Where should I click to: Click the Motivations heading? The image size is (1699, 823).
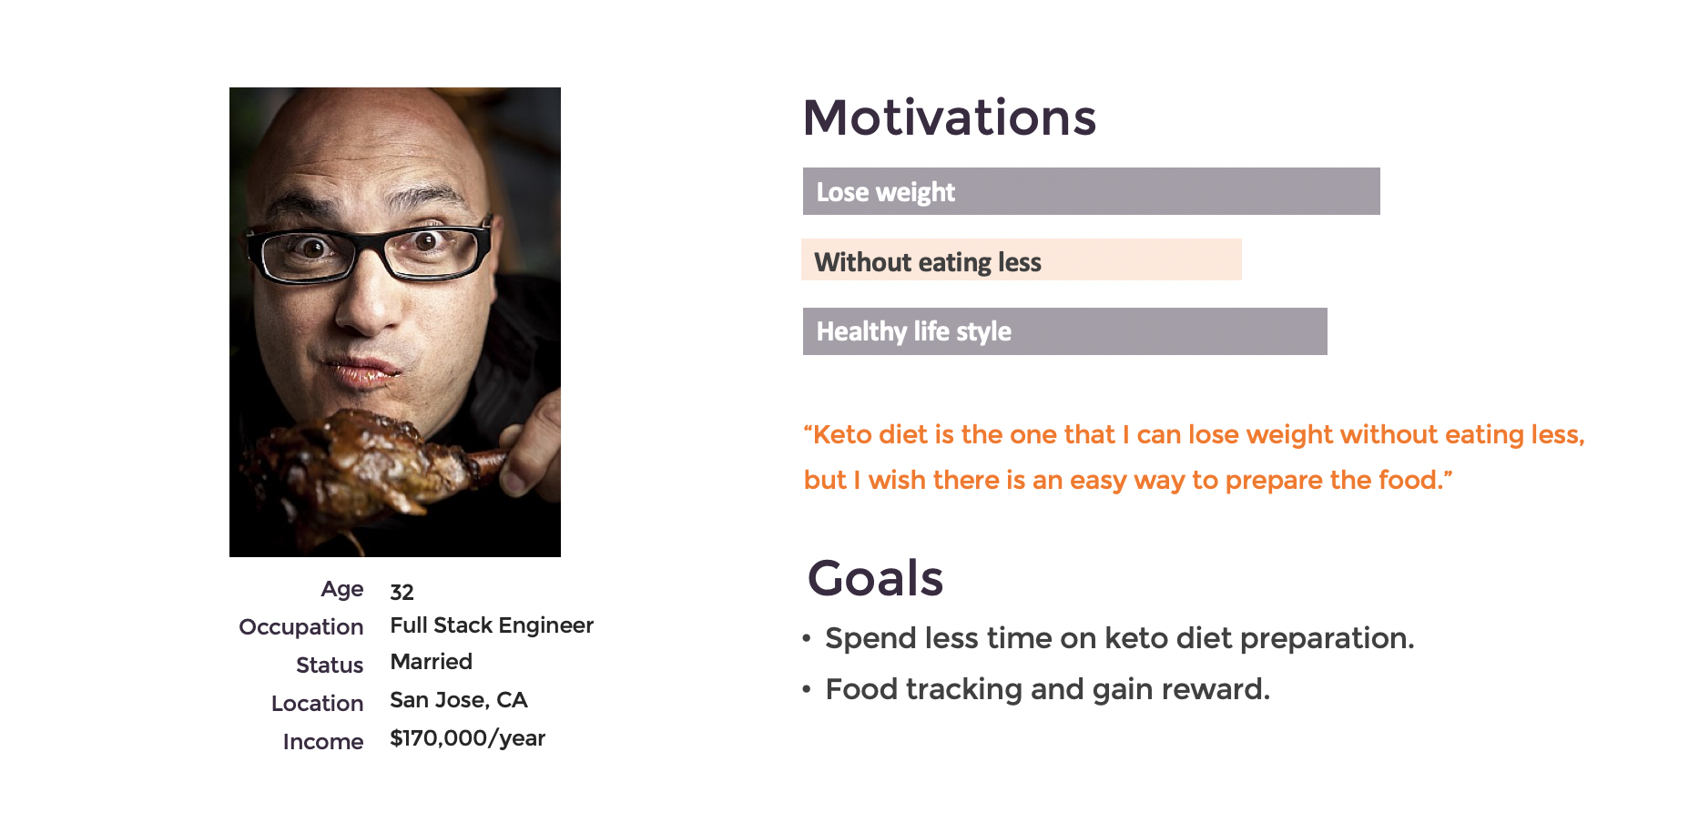click(950, 118)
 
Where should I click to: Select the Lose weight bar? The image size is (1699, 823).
click(1091, 191)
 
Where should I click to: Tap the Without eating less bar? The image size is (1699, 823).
click(1021, 259)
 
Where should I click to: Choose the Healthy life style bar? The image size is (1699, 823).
click(1064, 331)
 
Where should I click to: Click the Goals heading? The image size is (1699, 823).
click(875, 578)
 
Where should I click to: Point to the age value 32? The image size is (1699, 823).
click(402, 593)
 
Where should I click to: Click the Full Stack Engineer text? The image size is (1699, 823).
click(492, 625)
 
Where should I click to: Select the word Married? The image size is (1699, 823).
click(431, 662)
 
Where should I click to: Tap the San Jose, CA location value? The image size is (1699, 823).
click(459, 700)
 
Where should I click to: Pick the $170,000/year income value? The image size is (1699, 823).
click(467, 738)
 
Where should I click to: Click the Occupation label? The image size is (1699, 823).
click(301, 627)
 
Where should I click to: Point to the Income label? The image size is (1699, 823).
click(323, 742)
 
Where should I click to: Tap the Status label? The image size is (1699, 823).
click(330, 666)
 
